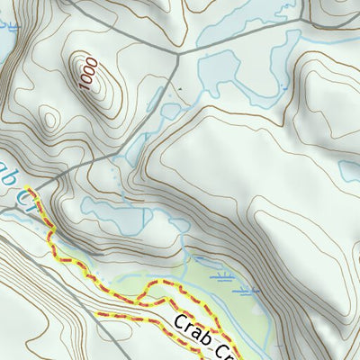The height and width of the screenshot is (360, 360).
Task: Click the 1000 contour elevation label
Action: [87, 73]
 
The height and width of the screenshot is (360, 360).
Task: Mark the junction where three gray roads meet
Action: [178, 54]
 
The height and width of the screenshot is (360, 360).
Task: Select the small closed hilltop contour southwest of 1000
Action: [47, 117]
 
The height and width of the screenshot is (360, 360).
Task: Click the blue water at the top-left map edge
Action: [7, 36]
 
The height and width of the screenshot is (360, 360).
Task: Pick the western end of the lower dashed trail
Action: [98, 315]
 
